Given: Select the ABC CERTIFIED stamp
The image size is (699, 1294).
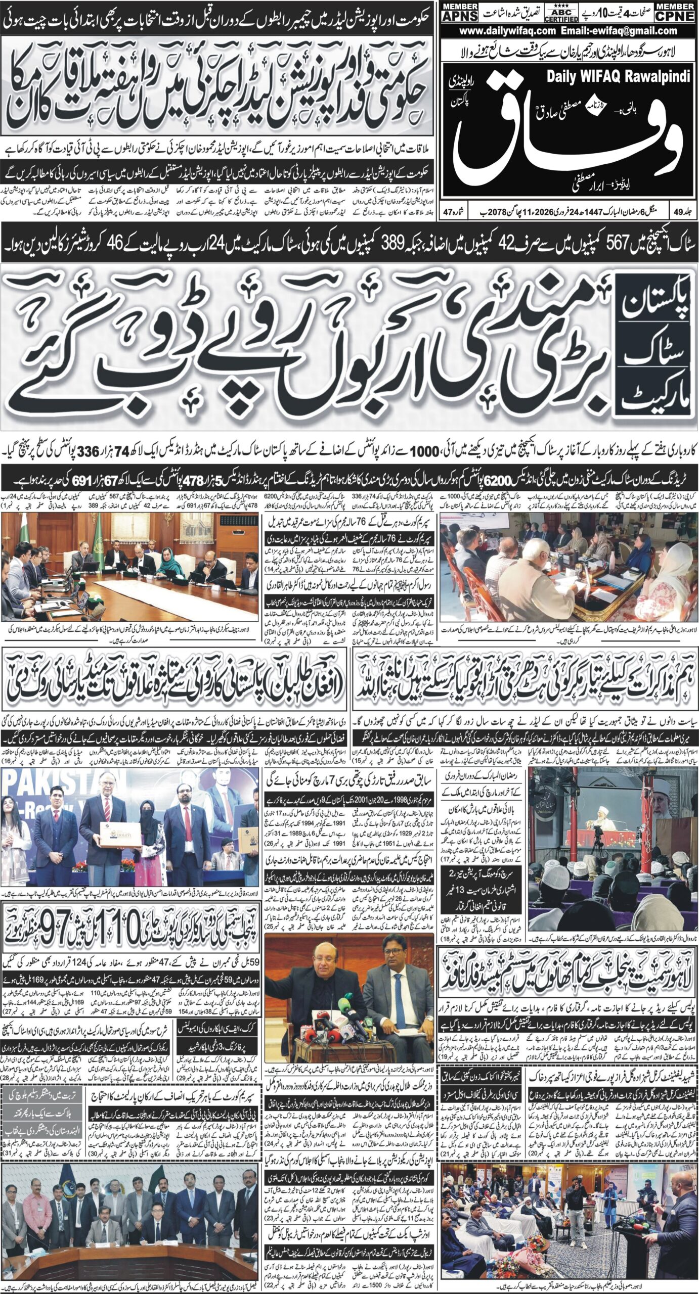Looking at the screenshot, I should pyautogui.click(x=561, y=14).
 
